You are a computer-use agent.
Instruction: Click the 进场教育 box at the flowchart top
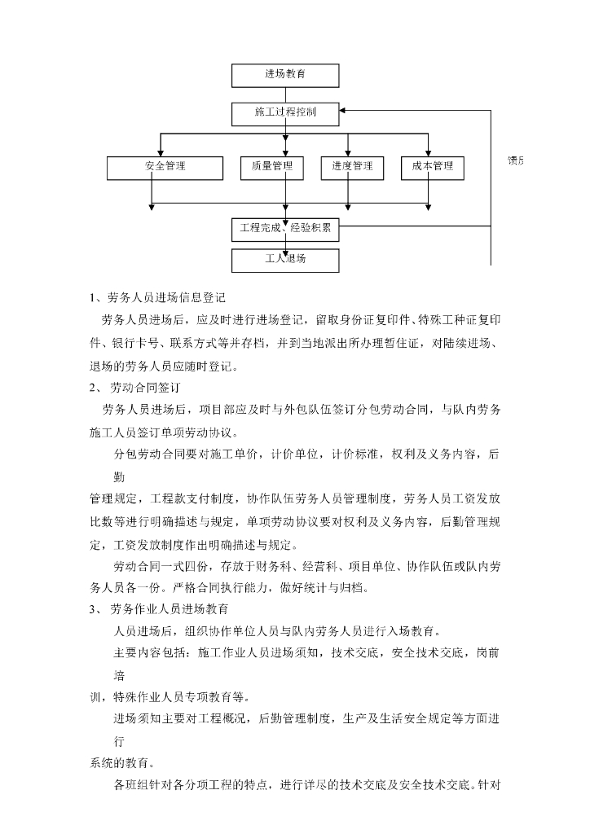point(285,74)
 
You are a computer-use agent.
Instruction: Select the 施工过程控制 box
point(285,114)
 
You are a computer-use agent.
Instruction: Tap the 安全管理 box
point(165,167)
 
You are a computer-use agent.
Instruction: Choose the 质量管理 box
point(272,167)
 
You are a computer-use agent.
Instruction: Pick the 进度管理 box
point(352,167)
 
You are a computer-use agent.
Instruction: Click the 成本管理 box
point(433,167)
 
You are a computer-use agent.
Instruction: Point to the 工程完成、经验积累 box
point(285,228)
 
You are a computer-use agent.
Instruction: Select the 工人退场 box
point(285,261)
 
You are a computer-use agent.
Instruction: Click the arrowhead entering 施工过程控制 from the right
point(344,109)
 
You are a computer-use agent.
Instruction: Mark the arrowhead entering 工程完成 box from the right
point(344,229)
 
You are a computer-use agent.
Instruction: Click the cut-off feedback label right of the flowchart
point(516,160)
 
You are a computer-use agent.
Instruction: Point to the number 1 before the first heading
point(92,297)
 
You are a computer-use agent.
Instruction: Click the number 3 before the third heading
point(92,608)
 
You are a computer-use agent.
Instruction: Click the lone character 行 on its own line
point(120,742)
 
